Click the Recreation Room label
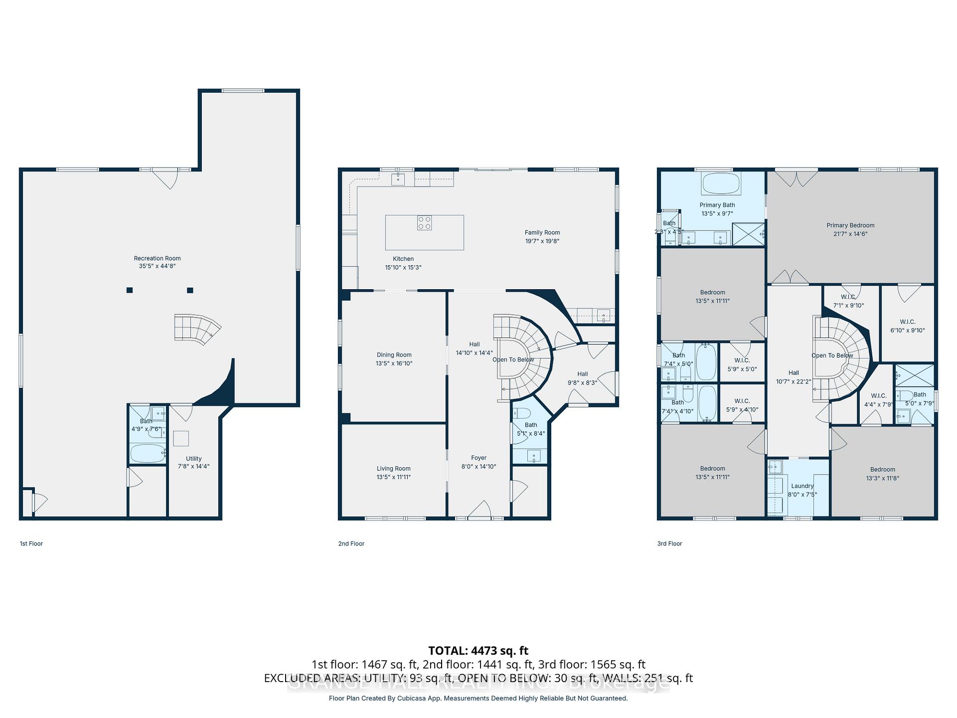(157, 258)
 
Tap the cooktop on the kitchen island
(424, 223)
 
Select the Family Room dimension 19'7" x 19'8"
(542, 241)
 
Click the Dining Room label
(394, 355)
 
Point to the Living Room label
(393, 469)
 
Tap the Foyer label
(478, 458)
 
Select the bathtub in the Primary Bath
(720, 183)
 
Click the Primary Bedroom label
(850, 225)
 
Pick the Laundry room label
(802, 486)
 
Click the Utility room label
(193, 459)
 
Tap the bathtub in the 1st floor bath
(148, 454)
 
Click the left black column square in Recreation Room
(130, 290)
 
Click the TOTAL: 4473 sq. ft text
(478, 651)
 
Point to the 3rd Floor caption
(669, 543)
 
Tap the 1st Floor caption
(31, 543)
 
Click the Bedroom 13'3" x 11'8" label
(882, 470)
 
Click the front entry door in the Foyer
(479, 511)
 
